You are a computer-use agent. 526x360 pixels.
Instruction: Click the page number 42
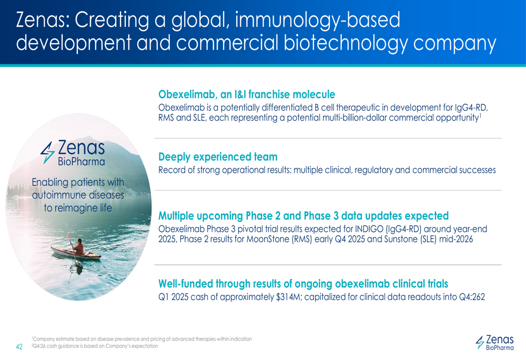point(19,346)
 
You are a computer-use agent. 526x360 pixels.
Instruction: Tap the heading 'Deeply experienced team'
point(218,157)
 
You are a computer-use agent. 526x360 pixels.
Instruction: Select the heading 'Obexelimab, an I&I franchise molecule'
point(247,95)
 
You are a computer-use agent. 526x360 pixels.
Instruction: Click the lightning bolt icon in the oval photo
point(47,152)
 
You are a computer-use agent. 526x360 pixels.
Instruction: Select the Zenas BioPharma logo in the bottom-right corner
point(494,343)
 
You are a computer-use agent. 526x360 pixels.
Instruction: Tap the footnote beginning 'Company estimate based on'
point(141,339)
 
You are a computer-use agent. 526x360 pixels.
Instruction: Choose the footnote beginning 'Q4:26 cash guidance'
point(95,346)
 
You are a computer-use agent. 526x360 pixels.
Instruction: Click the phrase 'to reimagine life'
point(78,208)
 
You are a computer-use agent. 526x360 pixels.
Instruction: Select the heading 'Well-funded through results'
point(304,284)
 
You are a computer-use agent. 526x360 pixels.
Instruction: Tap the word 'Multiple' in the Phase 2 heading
point(176,216)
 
